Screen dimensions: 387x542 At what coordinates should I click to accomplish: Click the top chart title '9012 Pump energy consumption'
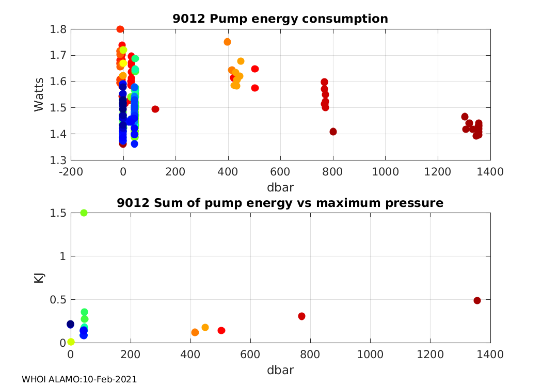[x=280, y=19]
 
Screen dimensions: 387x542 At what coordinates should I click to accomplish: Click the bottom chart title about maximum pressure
[x=280, y=203]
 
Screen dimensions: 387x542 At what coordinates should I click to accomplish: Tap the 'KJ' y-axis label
[x=39, y=278]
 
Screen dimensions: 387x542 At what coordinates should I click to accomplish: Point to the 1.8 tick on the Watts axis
[x=58, y=29]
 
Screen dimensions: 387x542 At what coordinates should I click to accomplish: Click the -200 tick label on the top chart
[x=71, y=171]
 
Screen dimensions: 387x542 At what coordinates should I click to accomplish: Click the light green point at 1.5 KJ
[x=84, y=213]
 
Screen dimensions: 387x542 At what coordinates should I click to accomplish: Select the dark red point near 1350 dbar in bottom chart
[x=477, y=300]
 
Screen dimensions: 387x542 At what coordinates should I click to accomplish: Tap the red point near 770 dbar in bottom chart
[x=301, y=316]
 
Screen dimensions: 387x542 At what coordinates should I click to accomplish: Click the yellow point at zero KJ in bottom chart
[x=71, y=342]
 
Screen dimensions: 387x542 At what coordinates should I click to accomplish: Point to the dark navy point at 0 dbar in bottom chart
[x=71, y=324]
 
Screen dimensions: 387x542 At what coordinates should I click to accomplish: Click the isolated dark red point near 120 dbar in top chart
[x=155, y=109]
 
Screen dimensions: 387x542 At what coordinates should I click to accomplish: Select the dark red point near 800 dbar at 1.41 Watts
[x=333, y=132]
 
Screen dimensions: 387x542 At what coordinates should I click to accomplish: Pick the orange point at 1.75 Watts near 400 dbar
[x=227, y=42]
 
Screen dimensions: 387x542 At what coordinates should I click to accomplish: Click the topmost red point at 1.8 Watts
[x=120, y=29]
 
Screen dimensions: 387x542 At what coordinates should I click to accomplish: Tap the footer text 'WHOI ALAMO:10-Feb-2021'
[x=79, y=379]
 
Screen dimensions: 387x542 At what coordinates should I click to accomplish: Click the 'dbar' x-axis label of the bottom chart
[x=280, y=370]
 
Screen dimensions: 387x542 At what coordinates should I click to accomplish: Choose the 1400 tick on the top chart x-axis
[x=490, y=171]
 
